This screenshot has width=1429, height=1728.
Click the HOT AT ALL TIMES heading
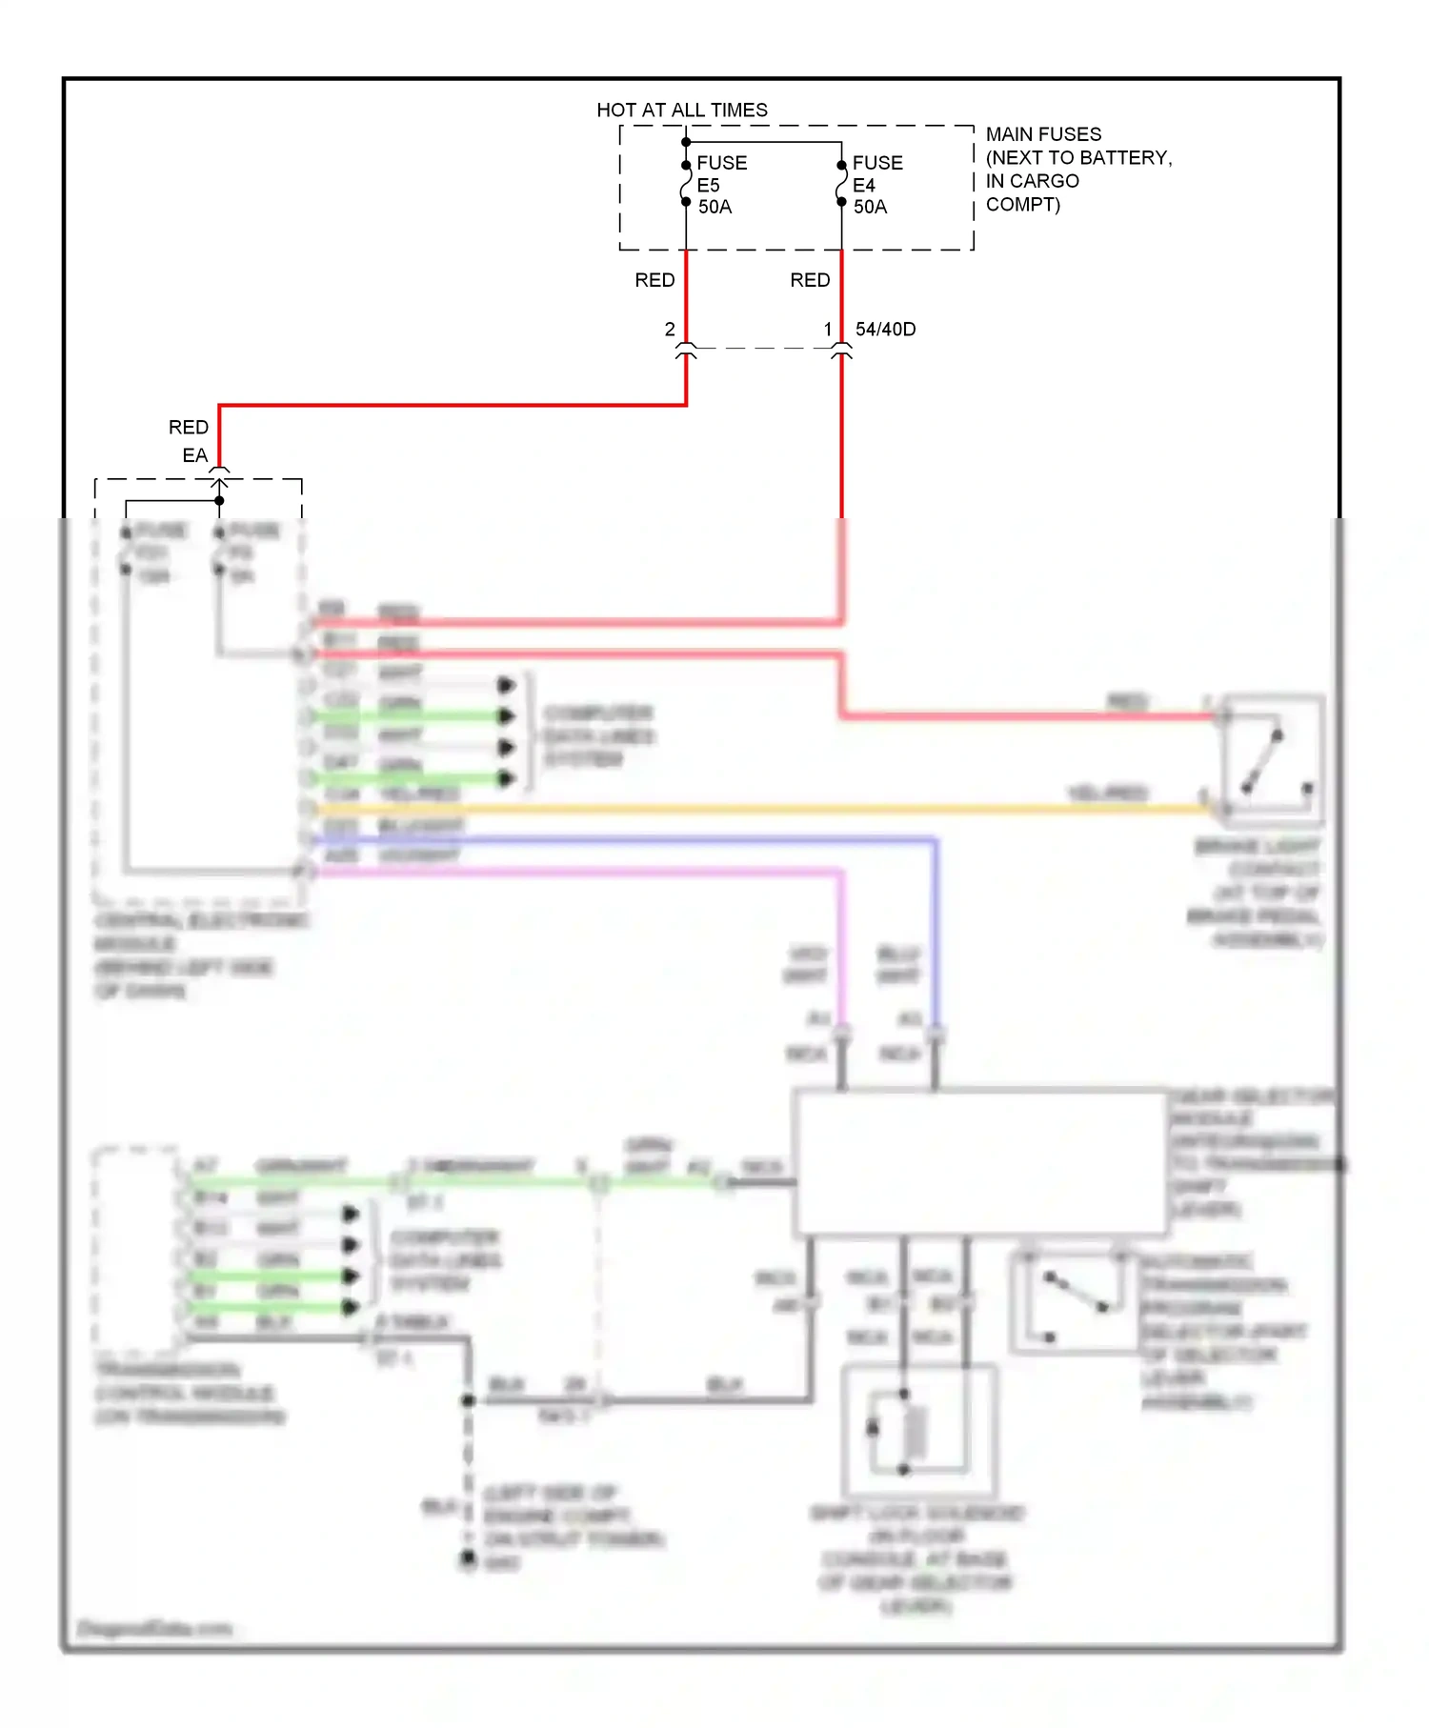pyautogui.click(x=682, y=111)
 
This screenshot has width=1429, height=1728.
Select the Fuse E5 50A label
pyautogui.click(x=721, y=185)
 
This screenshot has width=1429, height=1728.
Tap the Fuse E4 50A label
pyautogui.click(x=876, y=185)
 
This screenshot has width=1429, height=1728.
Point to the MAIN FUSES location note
pyautogui.click(x=1077, y=169)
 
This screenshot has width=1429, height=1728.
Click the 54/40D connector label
pyautogui.click(x=885, y=330)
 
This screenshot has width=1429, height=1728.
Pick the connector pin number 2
pyautogui.click(x=670, y=330)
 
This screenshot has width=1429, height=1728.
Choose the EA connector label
pyautogui.click(x=194, y=455)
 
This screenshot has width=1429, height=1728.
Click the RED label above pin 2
pyautogui.click(x=654, y=280)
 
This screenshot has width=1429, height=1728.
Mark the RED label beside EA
pyautogui.click(x=188, y=427)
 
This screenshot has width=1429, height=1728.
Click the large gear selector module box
pyautogui.click(x=981, y=1162)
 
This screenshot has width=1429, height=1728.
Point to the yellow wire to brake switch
pyautogui.click(x=762, y=810)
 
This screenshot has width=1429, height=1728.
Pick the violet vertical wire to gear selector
pyautogui.click(x=841, y=943)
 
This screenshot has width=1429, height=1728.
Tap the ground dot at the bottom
pyautogui.click(x=469, y=1558)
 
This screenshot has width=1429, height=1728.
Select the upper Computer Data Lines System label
pyautogui.click(x=598, y=736)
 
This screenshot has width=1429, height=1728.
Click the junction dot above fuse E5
pyautogui.click(x=686, y=143)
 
